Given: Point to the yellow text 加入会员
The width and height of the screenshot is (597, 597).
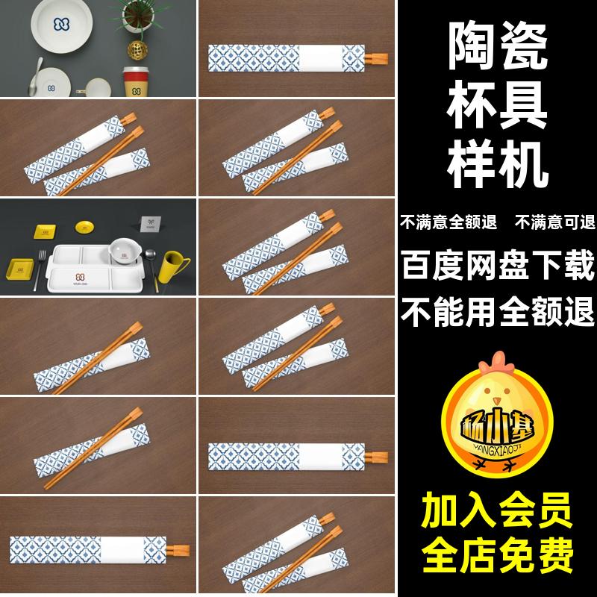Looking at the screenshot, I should [x=498, y=513].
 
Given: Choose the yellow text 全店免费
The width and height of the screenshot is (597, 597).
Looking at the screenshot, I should [x=498, y=554].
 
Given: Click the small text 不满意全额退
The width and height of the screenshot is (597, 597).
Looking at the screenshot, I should [x=446, y=222].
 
